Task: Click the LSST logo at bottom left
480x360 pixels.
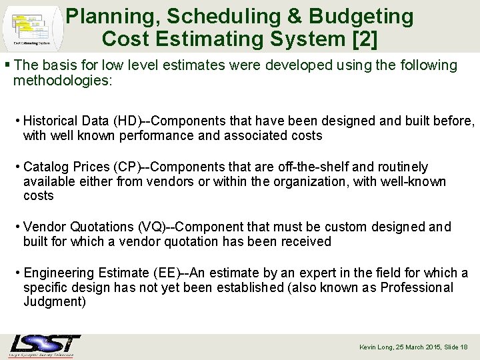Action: pos(45,345)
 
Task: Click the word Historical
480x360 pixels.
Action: pos(50,121)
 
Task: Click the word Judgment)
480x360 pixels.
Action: pos(55,302)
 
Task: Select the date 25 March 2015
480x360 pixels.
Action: pos(417,347)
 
